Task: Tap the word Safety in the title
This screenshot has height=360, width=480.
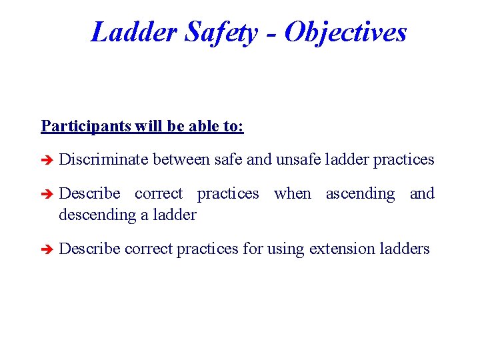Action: [220, 31]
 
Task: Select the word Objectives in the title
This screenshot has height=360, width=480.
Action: [345, 31]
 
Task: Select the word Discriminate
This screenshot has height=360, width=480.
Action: [103, 159]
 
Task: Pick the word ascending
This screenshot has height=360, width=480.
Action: [360, 193]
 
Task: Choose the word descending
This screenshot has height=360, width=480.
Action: [97, 215]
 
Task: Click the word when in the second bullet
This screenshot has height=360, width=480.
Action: [292, 193]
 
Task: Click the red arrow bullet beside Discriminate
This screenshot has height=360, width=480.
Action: [47, 160]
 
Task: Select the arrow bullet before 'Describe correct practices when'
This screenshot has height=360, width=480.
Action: [47, 194]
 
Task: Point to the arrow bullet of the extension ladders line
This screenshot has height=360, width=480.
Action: [47, 249]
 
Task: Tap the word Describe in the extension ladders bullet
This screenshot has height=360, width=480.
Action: [89, 249]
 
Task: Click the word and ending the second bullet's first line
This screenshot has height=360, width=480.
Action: [422, 193]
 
